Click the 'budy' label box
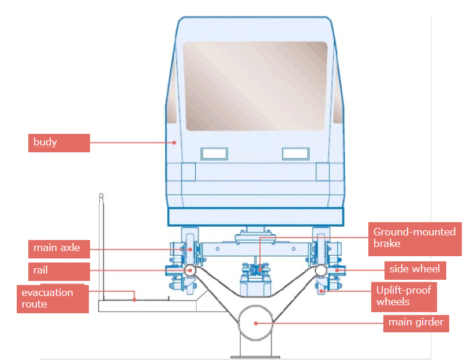pos(59,143)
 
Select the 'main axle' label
pos(59,249)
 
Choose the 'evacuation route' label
pos(53,298)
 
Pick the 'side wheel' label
pos(415,269)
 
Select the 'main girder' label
pos(416,322)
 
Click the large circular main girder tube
pos(255,322)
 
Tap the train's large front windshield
pos(255,85)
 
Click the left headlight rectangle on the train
pos(214,153)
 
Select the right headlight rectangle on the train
pos(296,153)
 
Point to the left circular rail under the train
pos(190,271)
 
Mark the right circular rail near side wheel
pos(321,271)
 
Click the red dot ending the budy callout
pos(174,142)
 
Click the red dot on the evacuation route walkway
pos(135,299)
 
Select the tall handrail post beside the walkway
pos(102,248)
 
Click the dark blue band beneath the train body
pos(255,216)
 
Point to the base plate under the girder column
pos(255,357)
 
